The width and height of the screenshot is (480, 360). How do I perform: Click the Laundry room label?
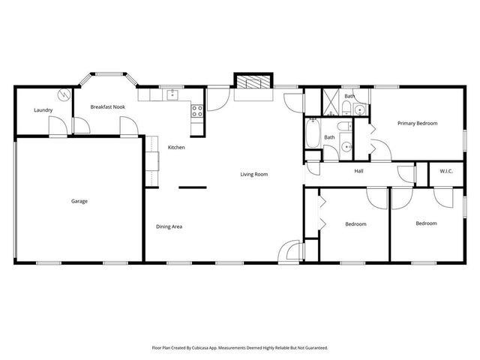(42, 110)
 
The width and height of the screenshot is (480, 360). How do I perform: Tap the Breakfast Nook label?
(107, 107)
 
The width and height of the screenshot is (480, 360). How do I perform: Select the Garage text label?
(79, 201)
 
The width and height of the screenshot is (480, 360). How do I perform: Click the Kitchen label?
(176, 147)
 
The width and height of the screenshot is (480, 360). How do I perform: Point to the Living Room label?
(253, 174)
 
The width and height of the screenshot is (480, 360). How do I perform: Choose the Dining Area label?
(169, 226)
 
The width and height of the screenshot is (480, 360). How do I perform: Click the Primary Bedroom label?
(417, 123)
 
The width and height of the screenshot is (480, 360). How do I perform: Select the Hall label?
(359, 171)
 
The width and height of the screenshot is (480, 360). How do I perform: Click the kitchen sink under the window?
(172, 95)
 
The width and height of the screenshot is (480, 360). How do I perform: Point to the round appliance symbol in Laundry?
(64, 94)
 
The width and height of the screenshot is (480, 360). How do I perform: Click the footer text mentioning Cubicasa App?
(240, 348)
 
